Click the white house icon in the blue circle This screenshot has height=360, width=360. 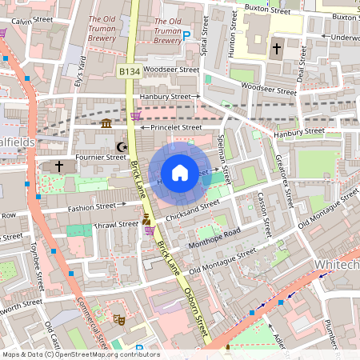click(180, 173)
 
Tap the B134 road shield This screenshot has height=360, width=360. click(129, 72)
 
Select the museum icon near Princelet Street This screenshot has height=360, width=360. click(107, 122)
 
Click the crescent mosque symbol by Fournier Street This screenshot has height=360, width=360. click(122, 147)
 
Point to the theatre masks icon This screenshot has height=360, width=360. click(118, 319)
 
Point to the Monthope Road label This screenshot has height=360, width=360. click(214, 237)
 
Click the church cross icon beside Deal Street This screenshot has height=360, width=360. click(277, 49)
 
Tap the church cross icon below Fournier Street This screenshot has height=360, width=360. click(59, 166)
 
